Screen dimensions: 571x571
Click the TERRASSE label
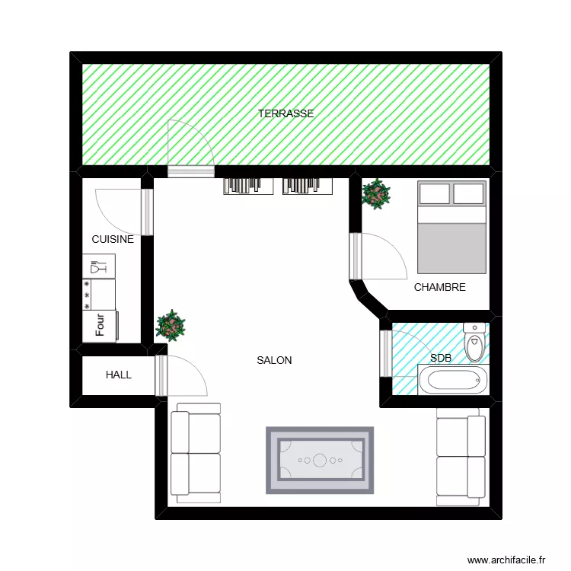[x=285, y=113]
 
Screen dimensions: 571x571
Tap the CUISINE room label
[x=113, y=239]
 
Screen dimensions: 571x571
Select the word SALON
[x=274, y=360]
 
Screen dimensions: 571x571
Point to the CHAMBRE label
[x=439, y=287]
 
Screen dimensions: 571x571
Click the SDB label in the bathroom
[x=440, y=357]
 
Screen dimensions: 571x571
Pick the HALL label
[x=119, y=375]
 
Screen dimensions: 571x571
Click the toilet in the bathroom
[x=475, y=341]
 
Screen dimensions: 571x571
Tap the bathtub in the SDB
[x=453, y=378]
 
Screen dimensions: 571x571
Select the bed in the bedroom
[x=451, y=227]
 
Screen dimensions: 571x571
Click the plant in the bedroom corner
[x=375, y=194]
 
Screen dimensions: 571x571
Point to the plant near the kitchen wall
[x=171, y=325]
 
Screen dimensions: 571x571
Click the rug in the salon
[x=320, y=459]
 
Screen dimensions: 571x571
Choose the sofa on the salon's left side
[x=196, y=452]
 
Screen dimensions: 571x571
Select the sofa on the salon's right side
[x=461, y=455]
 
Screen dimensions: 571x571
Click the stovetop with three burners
[x=99, y=294]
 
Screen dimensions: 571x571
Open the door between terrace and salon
[x=190, y=148]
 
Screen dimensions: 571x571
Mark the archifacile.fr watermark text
[x=506, y=559]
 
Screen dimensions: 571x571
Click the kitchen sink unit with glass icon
[x=99, y=266]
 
